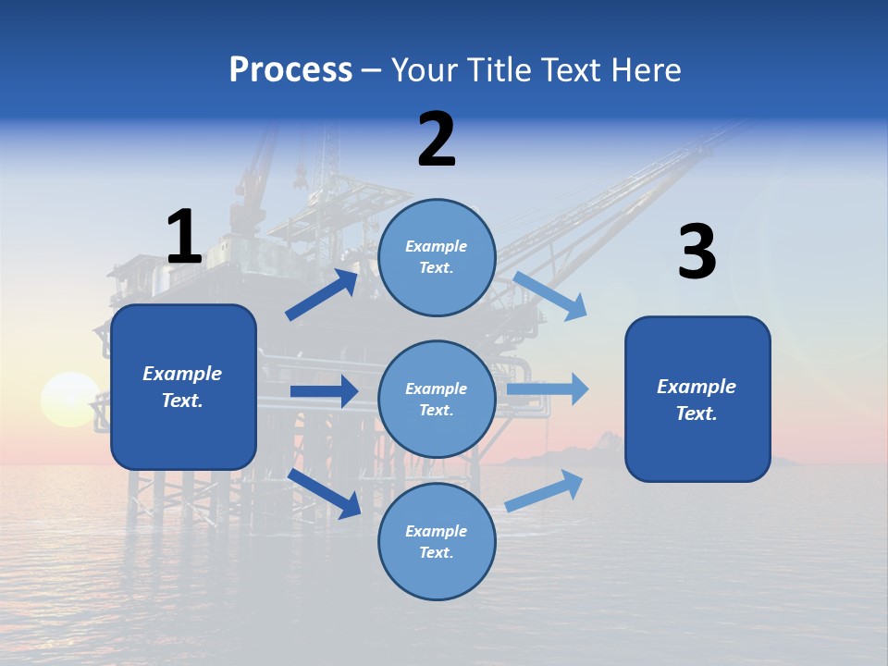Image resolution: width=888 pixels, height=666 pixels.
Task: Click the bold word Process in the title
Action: coord(290,70)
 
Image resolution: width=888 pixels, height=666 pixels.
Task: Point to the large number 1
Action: coord(184,237)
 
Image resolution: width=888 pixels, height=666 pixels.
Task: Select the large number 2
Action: coord(437,140)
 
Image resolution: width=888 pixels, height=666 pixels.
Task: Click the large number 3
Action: coord(697,253)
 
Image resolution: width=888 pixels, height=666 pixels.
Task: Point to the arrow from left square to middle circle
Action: coord(324,391)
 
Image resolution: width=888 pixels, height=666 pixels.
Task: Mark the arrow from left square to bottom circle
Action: coord(325,493)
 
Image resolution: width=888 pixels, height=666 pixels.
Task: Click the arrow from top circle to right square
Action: coord(549,296)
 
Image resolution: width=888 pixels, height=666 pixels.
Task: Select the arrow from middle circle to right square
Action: coord(548,389)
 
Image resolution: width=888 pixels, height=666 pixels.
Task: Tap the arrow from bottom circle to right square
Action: coord(544,490)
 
